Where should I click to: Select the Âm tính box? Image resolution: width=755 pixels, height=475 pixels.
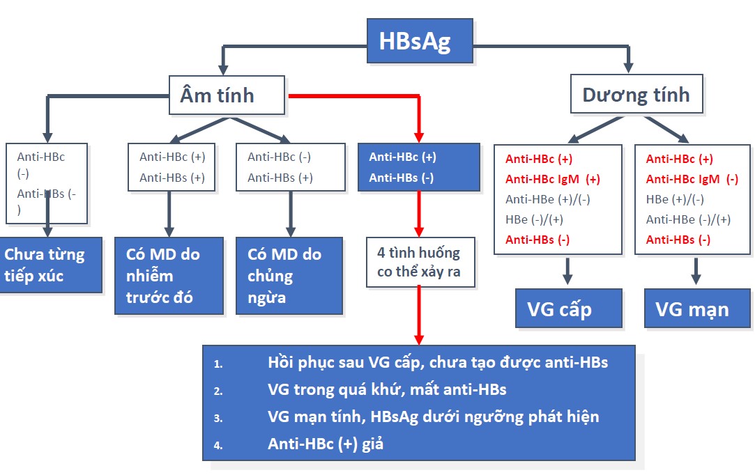point(227,95)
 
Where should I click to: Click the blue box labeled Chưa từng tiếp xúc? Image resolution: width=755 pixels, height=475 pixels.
point(51,265)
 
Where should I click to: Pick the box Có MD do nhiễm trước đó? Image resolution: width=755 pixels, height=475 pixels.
point(169,275)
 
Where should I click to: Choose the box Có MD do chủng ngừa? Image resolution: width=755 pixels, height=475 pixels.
point(289,275)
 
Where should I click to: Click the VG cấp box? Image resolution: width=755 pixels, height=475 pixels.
point(568,309)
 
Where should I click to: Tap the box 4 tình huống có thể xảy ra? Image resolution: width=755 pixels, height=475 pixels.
point(421,262)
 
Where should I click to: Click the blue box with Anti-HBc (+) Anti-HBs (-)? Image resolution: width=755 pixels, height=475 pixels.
point(418,167)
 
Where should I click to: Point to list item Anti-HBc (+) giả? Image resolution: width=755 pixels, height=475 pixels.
point(326,444)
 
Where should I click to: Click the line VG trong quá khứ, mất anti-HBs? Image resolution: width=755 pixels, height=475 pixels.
point(387,389)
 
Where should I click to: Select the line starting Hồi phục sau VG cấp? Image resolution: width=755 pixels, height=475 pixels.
point(437,362)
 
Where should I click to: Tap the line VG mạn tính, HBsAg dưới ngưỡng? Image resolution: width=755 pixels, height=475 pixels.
point(433,416)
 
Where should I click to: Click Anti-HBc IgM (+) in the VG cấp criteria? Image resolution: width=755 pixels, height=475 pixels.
point(552,179)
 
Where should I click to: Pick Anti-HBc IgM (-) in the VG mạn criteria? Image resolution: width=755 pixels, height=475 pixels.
point(692,179)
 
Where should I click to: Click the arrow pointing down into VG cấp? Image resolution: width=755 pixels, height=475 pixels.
point(567,272)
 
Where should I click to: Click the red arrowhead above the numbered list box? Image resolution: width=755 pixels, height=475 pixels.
point(419,338)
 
